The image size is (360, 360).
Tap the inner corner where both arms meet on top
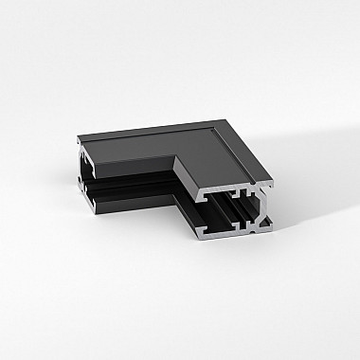173,157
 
